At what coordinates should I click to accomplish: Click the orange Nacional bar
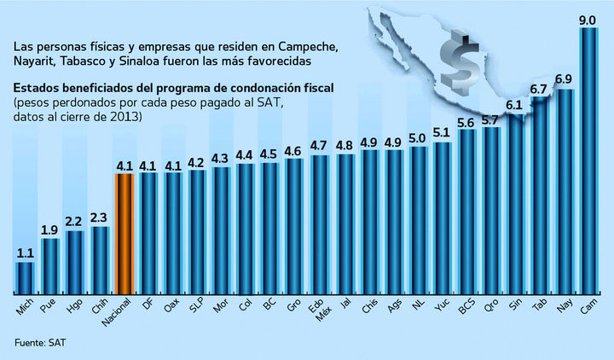point(125,232)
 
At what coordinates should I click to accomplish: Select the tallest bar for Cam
point(588,162)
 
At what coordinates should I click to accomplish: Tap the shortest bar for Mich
point(26,277)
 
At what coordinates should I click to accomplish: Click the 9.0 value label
point(588,17)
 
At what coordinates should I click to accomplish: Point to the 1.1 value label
point(26,253)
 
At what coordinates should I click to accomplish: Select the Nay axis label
point(564,305)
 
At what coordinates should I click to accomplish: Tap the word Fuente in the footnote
point(27,343)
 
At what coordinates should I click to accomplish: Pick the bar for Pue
point(50,265)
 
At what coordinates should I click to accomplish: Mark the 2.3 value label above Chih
point(100,218)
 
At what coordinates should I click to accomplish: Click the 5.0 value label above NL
point(418,136)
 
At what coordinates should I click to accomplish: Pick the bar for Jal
point(345,224)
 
